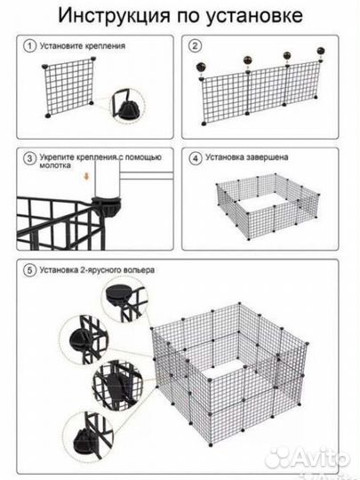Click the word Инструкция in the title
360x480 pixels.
pyautogui.click(x=114, y=15)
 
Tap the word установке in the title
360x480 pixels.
pyautogui.click(x=253, y=16)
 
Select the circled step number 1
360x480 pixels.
pyautogui.click(x=29, y=46)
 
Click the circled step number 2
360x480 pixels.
pyautogui.click(x=195, y=46)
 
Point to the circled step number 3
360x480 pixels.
pyautogui.click(x=29, y=158)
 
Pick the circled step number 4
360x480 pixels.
pyautogui.click(x=195, y=158)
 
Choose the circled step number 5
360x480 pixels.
pyautogui.click(x=29, y=270)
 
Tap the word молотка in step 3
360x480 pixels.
pyautogui.click(x=55, y=165)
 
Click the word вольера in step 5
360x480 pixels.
pyautogui.click(x=140, y=270)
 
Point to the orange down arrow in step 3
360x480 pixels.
pyautogui.click(x=86, y=176)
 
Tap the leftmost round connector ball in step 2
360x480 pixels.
pyautogui.click(x=202, y=67)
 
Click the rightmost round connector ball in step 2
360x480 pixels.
pyautogui.click(x=321, y=51)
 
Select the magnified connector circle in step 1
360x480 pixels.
pyautogui.click(x=127, y=106)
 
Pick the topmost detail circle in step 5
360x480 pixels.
pyautogui.click(x=125, y=299)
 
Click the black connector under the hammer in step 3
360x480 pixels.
pyautogui.click(x=107, y=206)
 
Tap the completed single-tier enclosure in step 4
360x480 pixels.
pyautogui.click(x=268, y=205)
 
